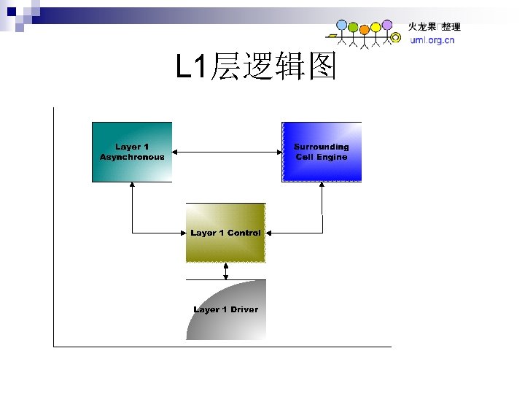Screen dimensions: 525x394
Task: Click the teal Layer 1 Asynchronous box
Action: point(132,168)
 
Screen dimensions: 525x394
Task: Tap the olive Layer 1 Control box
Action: point(226,248)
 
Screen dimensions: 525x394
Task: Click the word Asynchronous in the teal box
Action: point(132,157)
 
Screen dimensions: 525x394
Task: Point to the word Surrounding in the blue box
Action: point(322,147)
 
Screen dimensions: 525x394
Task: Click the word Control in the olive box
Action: point(244,233)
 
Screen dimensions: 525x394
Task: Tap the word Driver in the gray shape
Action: point(244,309)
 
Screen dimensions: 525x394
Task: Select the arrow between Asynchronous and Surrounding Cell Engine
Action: point(227,152)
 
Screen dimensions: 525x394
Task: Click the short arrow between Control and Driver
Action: point(226,271)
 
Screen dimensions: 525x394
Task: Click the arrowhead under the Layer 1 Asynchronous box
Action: point(132,187)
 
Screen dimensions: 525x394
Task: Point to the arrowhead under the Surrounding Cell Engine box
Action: point(322,187)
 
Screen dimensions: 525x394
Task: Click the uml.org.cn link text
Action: point(432,40)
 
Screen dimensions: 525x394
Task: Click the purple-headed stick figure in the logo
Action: point(386,26)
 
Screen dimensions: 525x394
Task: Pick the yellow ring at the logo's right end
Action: point(395,36)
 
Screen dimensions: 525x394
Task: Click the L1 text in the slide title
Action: point(191,68)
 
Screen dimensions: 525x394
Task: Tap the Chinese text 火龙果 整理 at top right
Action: point(433,27)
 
